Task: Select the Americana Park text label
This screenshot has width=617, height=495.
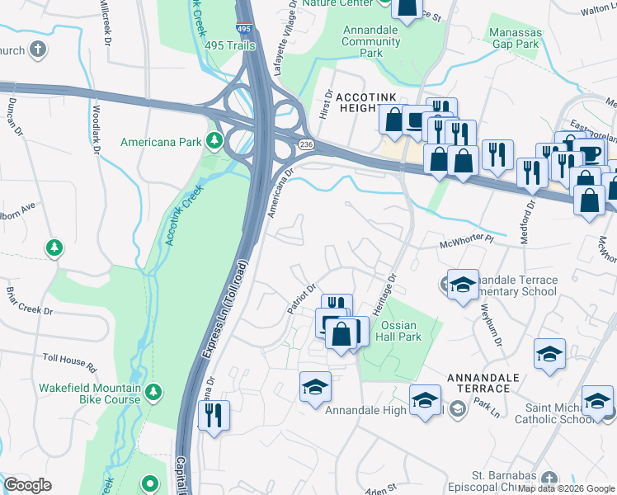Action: tap(161, 142)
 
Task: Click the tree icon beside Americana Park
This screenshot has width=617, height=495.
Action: tap(214, 141)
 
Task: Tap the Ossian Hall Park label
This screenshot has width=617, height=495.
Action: tap(398, 331)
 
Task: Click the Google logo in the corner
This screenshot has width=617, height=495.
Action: tap(28, 485)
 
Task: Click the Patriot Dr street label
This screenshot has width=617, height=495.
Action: tap(301, 299)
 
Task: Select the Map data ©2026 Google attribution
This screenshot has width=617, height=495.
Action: tap(565, 488)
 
